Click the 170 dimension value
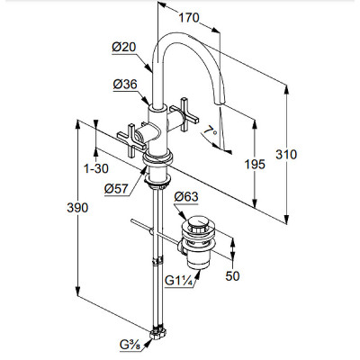point(189,18)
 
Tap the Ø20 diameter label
point(124,47)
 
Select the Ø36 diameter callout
point(125,85)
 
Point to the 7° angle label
point(210,132)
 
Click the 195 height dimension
point(255,164)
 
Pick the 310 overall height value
point(286,155)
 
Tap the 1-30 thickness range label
point(96,168)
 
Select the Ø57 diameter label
point(116,189)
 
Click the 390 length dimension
point(77,208)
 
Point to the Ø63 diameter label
point(186,197)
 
